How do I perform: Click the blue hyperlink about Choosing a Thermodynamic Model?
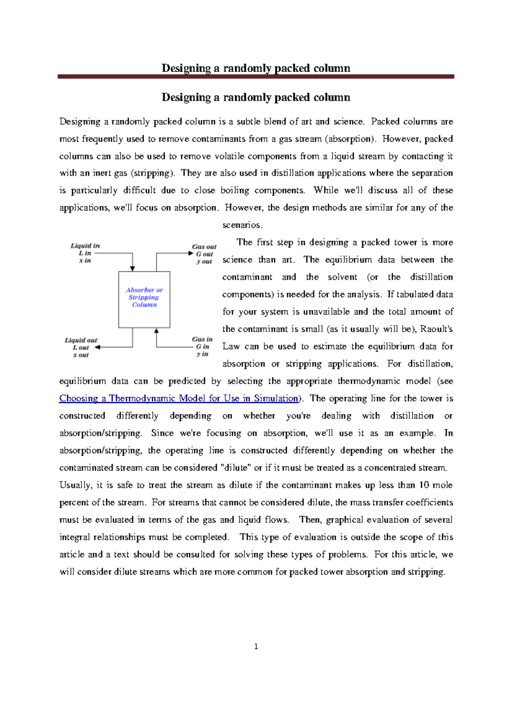pyautogui.click(x=178, y=398)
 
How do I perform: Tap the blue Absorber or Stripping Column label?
pyautogui.click(x=144, y=297)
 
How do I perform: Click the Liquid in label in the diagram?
pyautogui.click(x=85, y=246)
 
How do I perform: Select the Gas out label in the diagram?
pyautogui.click(x=204, y=246)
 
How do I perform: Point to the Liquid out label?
pyautogui.click(x=81, y=340)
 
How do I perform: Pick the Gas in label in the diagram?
pyautogui.click(x=202, y=339)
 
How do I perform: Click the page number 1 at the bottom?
pyautogui.click(x=256, y=646)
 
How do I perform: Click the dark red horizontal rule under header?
pyautogui.click(x=256, y=77)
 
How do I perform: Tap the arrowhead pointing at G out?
pyautogui.click(x=191, y=253)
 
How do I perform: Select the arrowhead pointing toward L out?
pyautogui.click(x=97, y=347)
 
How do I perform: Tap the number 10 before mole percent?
pyautogui.click(x=424, y=485)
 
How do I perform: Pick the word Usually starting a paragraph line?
pyautogui.click(x=75, y=485)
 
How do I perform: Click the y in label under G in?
pyautogui.click(x=202, y=354)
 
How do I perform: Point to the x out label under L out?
pyautogui.click(x=81, y=355)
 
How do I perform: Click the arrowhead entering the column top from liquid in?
pyautogui.click(x=133, y=268)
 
